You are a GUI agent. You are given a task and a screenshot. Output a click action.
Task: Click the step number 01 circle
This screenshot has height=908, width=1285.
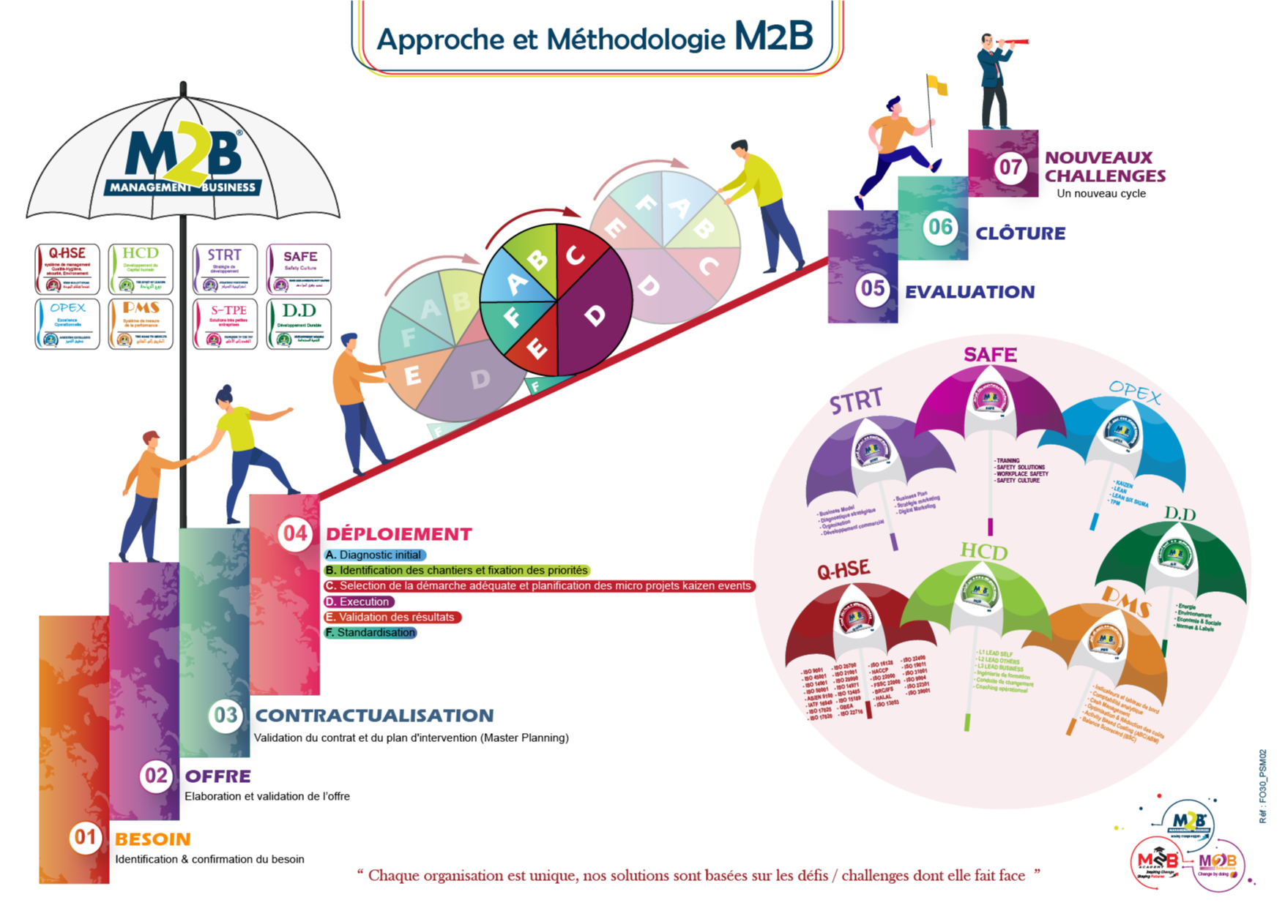point(85,837)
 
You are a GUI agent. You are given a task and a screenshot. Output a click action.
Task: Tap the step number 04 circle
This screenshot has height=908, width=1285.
point(295,534)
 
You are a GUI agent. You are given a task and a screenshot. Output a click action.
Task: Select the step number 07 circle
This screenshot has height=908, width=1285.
point(1010,168)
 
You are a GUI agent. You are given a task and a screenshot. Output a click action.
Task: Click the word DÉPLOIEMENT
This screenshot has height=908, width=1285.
point(400,535)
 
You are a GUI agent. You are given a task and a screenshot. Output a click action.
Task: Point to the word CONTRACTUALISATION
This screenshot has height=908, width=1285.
point(375,716)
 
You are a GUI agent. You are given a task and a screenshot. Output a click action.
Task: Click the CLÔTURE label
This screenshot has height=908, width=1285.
point(1021,233)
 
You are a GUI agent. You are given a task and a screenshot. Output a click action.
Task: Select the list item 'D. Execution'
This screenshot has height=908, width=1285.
point(359,601)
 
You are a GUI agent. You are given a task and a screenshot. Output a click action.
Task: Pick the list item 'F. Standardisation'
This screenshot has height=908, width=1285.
point(370,632)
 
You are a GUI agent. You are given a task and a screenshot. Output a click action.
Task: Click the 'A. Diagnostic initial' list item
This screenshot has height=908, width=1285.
point(374,555)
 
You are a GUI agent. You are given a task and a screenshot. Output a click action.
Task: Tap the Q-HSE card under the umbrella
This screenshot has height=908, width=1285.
point(67,269)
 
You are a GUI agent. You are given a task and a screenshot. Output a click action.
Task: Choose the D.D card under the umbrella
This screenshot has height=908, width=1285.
point(299,323)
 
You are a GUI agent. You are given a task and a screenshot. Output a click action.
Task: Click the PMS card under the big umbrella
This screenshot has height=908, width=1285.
point(141,323)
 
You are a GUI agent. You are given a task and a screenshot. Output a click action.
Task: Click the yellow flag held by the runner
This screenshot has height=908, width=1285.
point(937,85)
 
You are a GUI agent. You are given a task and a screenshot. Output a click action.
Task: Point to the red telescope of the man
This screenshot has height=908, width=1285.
point(1016,42)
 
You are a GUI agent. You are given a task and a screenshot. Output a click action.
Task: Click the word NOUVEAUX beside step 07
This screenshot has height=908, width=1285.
point(1098,157)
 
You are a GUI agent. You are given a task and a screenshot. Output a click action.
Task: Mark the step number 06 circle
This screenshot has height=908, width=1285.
point(940,228)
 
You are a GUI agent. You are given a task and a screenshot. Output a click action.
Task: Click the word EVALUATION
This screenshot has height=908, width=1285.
point(970,292)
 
